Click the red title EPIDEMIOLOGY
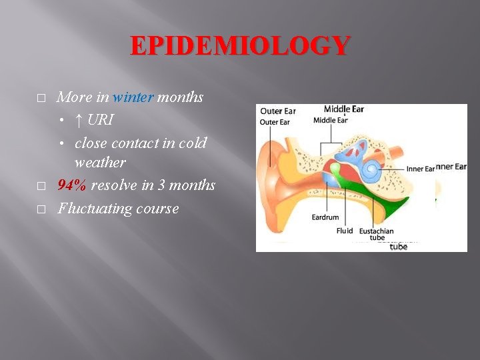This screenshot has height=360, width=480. (x=239, y=46)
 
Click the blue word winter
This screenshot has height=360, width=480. (x=133, y=97)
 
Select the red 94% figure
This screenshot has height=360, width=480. (x=72, y=185)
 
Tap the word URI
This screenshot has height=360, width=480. (x=100, y=121)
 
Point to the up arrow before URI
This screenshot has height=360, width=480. (x=79, y=121)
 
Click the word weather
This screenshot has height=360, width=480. (x=100, y=162)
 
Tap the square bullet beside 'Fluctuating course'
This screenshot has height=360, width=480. (x=41, y=209)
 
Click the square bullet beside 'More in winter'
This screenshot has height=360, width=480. (x=41, y=98)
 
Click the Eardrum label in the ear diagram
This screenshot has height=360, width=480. (x=325, y=217)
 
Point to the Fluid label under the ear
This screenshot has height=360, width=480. (x=345, y=231)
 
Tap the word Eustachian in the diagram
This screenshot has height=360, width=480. (x=377, y=231)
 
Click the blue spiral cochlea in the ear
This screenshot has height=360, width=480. (x=371, y=171)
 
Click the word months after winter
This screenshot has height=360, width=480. (x=180, y=97)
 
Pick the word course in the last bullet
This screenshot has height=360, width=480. (x=158, y=209)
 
